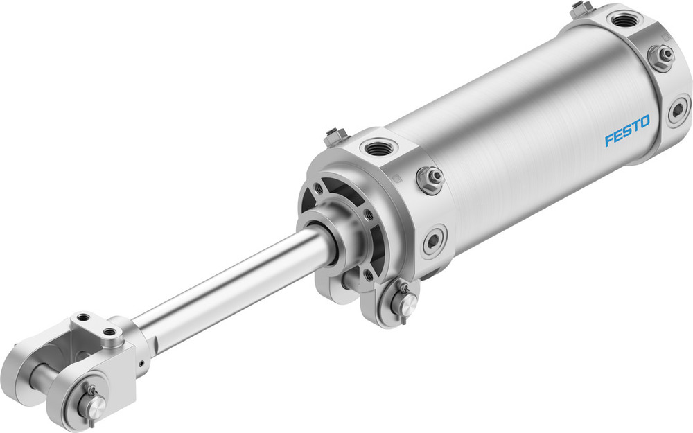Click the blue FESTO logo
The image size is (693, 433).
[627, 132]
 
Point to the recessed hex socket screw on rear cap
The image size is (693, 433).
[678, 110]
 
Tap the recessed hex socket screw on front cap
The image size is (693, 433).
[435, 240]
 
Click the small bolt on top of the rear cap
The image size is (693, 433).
[581, 9]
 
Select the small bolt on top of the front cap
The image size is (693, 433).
[337, 135]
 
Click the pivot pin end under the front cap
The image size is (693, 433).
[407, 302]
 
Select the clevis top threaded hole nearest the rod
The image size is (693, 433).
[109, 339]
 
